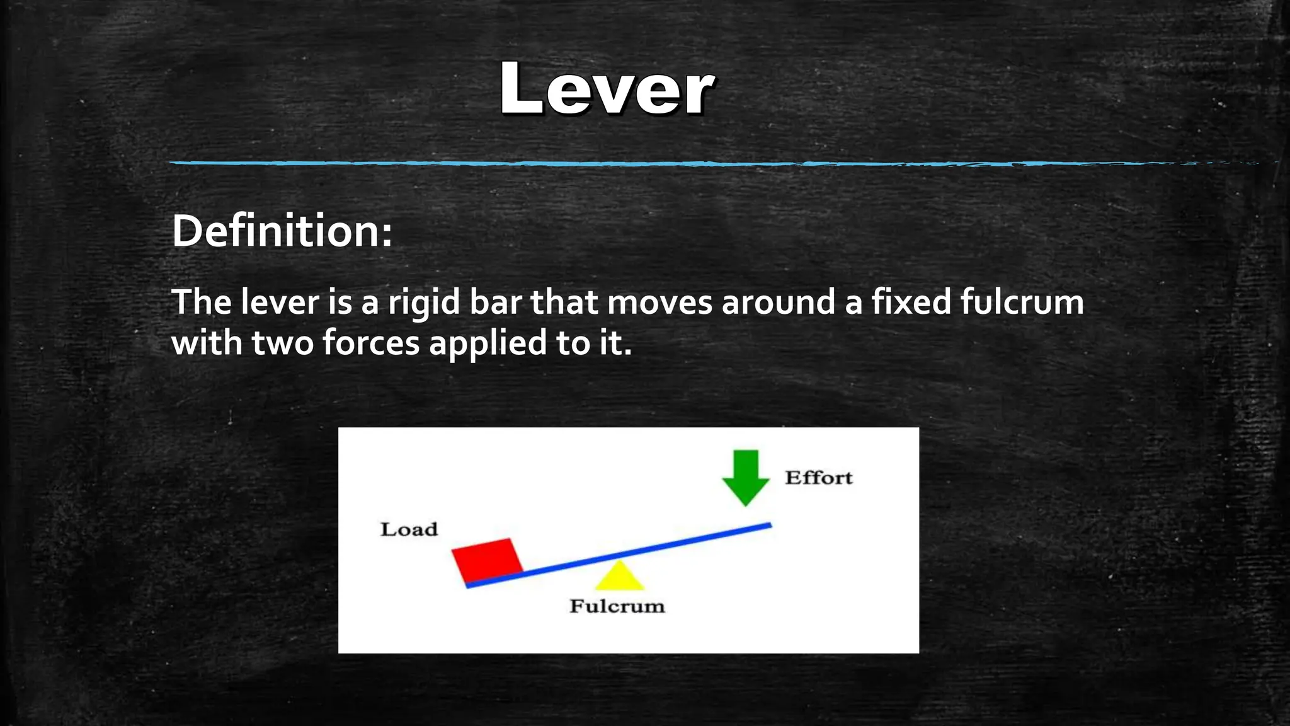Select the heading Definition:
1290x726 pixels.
coord(282,231)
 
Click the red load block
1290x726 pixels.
coord(487,559)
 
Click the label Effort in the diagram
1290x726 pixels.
coord(818,478)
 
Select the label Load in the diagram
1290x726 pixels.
coord(409,529)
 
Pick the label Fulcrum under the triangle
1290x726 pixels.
coord(617,606)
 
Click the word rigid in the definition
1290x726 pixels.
coord(424,303)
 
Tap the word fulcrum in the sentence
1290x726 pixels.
coord(1022,302)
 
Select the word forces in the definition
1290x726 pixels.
coord(371,343)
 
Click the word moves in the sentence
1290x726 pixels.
coord(659,302)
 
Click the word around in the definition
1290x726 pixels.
coord(779,302)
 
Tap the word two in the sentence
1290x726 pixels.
coord(282,343)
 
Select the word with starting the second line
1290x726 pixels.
coord(207,343)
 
